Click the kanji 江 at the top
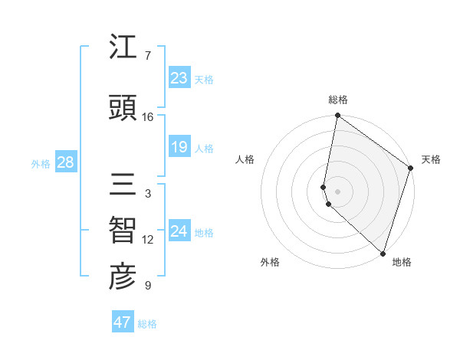123,49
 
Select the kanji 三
123,185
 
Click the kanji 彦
123,277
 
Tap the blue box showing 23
179,78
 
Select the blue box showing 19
179,147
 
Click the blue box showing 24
179,231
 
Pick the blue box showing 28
64,162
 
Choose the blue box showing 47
123,322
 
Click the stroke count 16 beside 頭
148,117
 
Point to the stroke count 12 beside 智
148,240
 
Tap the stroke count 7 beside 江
147,56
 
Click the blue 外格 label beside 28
40,163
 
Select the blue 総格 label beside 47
147,323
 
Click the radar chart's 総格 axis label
338,100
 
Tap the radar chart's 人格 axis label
245,159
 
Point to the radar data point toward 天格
410,169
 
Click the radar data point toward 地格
383,253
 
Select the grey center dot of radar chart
338,190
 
